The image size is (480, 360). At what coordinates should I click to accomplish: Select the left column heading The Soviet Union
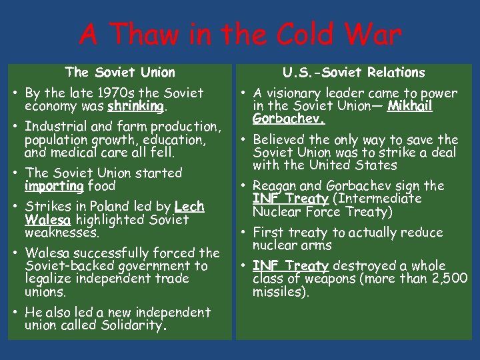(120, 72)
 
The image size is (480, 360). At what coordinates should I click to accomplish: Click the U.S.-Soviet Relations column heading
(353, 72)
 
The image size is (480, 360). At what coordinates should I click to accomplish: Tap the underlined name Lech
(189, 207)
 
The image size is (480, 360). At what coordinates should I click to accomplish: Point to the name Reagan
(275, 185)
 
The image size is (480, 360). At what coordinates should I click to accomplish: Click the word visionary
(295, 93)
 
